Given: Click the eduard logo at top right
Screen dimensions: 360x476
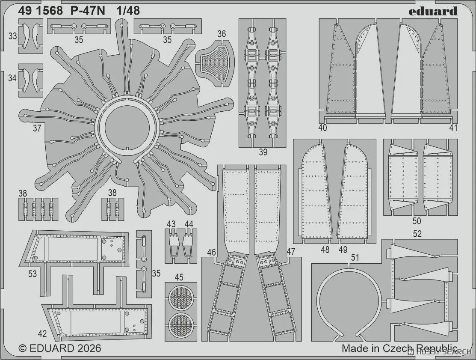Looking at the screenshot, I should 432,11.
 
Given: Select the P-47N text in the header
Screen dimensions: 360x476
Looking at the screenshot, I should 86,11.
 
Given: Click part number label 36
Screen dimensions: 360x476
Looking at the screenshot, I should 222,34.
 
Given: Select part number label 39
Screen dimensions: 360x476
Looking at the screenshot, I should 263,152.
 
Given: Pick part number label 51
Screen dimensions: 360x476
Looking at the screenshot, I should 354,257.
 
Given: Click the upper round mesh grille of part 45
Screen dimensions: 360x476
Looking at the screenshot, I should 180,297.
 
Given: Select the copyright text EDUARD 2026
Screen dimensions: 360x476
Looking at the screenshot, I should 60,348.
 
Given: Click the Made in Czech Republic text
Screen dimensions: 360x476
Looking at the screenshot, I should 399,348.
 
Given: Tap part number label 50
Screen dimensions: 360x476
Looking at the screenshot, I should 417,221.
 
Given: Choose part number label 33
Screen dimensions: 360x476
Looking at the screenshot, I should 12,36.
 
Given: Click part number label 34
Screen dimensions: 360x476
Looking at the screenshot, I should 12,78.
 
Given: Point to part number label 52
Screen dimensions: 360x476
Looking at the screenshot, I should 417,234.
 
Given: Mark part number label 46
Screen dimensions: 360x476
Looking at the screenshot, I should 211,252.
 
